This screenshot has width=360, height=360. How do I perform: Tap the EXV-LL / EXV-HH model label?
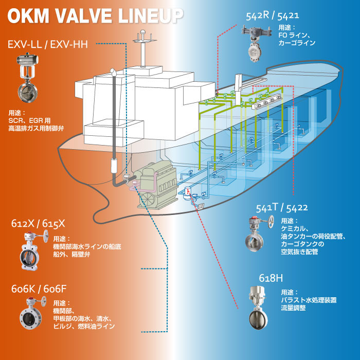(x=48, y=44)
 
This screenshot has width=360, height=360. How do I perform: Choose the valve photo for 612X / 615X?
(x=30, y=251)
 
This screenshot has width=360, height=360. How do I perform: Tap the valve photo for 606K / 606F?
(x=30, y=314)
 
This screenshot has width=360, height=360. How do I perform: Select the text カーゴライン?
(x=298, y=43)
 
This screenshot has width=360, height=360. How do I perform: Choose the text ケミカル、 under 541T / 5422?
(x=295, y=228)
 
